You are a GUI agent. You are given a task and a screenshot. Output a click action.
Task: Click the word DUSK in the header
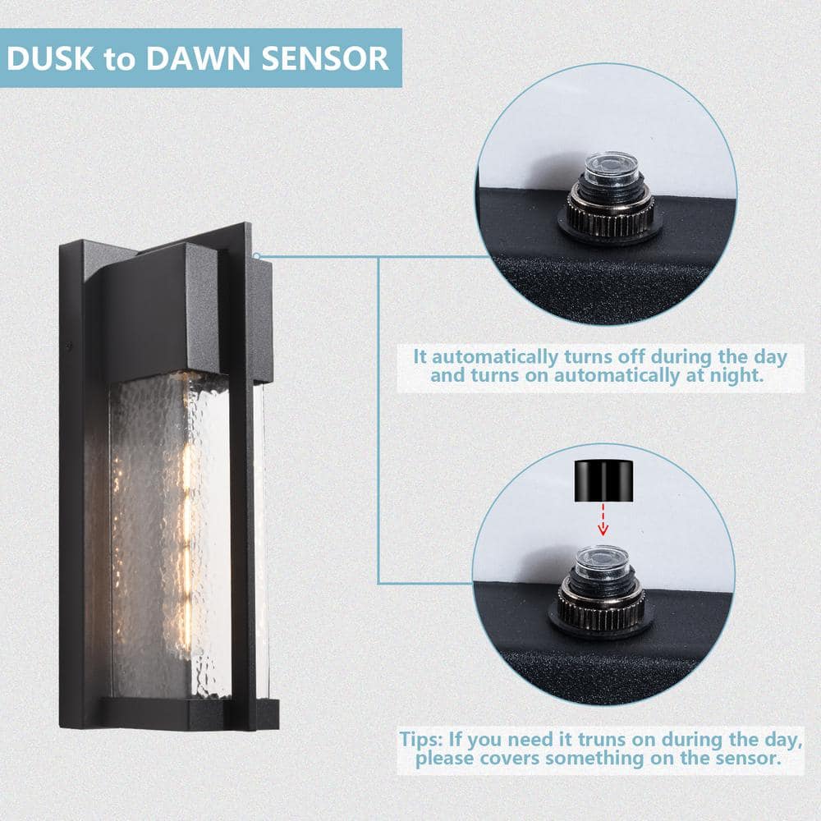tap(50, 58)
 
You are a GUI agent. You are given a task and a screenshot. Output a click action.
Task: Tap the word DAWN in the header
tap(198, 58)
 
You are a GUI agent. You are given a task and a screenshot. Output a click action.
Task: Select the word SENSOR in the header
tap(325, 58)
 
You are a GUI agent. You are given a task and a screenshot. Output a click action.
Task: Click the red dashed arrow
tap(603, 520)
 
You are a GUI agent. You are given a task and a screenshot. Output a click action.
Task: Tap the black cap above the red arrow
tap(604, 480)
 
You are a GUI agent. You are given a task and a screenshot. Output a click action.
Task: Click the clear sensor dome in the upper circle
tap(611, 168)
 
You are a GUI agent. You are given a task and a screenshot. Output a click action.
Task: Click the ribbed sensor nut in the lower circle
tap(602, 608)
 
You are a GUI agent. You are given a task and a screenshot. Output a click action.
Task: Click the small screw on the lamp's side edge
tap(69, 346)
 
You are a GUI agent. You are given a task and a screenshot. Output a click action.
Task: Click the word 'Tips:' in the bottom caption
tap(421, 740)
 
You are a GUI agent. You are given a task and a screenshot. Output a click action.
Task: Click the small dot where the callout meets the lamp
tap(256, 256)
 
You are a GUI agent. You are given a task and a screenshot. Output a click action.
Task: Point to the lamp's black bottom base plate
tap(190, 713)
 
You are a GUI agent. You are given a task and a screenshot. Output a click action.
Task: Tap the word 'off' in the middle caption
tap(631, 356)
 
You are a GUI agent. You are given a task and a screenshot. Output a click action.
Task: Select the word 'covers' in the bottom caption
tap(510, 758)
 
